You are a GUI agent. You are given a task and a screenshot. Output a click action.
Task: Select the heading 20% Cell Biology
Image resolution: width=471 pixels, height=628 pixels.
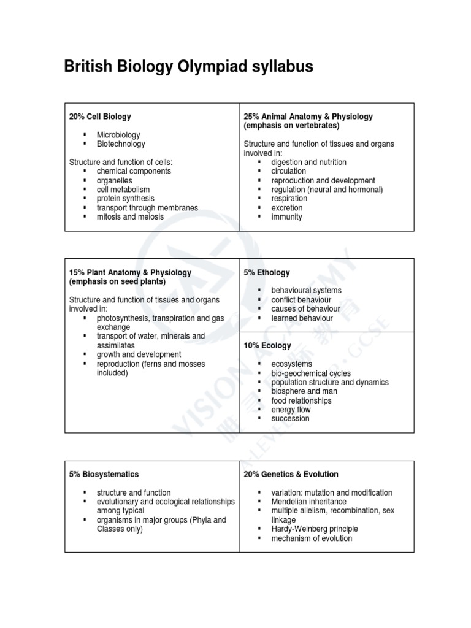[99, 117]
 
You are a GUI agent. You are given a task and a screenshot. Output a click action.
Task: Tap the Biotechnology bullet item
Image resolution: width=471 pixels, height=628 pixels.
[121, 144]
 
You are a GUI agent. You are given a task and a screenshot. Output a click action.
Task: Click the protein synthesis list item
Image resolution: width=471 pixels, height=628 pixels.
[125, 199]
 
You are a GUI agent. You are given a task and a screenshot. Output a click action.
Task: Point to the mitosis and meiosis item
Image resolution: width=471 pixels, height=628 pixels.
[130, 216]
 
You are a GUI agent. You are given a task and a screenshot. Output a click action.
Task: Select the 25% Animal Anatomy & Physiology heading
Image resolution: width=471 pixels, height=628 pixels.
[308, 117]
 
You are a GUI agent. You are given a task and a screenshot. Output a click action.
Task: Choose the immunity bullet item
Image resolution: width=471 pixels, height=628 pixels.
[286, 217]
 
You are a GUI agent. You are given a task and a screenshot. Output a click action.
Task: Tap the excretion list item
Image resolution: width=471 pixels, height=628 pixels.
[287, 208]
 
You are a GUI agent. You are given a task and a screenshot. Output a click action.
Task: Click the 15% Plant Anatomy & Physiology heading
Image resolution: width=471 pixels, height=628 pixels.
[130, 272]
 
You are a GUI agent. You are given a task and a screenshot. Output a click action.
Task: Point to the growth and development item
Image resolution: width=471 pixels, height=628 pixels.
[139, 354]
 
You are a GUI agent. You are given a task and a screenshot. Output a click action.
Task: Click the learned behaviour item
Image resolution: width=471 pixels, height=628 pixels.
[302, 318]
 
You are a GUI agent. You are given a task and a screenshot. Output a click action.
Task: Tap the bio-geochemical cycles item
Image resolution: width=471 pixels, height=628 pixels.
[311, 373]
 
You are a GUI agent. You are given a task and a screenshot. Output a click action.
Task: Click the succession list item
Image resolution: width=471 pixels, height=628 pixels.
[290, 419]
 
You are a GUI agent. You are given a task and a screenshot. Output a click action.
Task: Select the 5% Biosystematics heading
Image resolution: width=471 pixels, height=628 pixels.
[104, 474]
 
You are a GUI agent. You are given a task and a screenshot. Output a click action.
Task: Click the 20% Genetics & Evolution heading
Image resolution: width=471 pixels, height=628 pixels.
[291, 474]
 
